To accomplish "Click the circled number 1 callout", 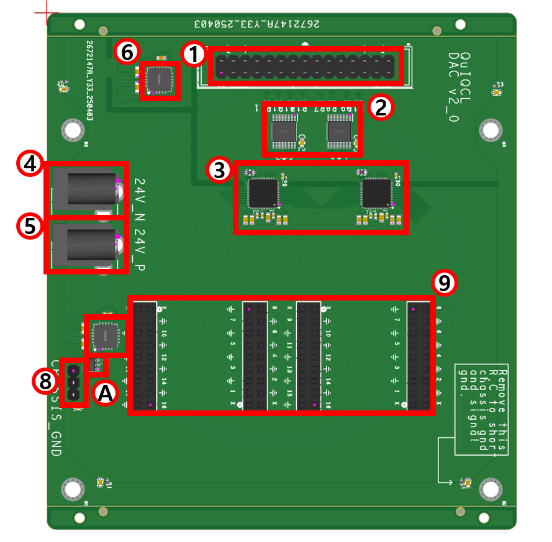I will [x=194, y=55].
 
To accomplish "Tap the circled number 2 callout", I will [x=379, y=107].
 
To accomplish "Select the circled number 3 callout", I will [x=219, y=171].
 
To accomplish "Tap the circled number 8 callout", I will [x=45, y=381].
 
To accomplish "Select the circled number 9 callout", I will [x=444, y=283].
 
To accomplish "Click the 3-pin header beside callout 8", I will [x=74, y=383].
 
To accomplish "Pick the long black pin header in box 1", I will [x=305, y=66].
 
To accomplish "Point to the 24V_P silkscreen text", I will [x=140, y=250].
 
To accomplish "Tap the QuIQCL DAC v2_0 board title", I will [x=459, y=87].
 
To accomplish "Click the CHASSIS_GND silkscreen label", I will [x=55, y=410].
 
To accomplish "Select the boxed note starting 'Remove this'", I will [x=481, y=409].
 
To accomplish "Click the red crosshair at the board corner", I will [x=47, y=13].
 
